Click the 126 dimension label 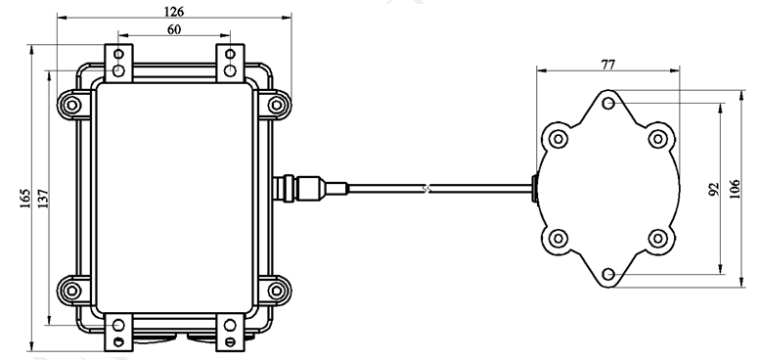click(x=174, y=11)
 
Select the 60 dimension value click(x=174, y=29)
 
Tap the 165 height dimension click(x=25, y=199)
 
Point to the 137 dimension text click(x=43, y=199)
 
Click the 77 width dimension click(x=607, y=65)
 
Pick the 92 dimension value click(x=713, y=189)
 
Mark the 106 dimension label click(x=736, y=189)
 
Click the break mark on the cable click(x=426, y=188)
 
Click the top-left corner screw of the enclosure click(x=72, y=104)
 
